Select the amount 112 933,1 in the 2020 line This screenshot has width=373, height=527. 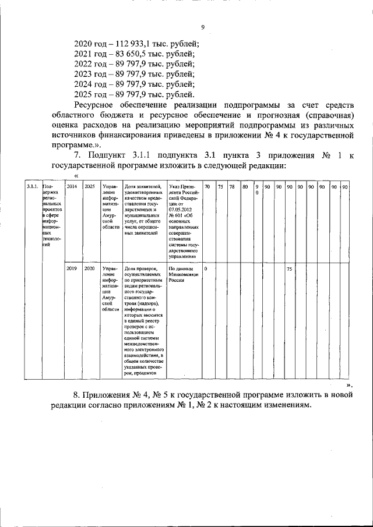pyautogui.click(x=136, y=43)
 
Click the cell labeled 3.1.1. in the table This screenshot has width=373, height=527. pyautogui.click(x=33, y=186)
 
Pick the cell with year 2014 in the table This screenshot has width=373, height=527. pyautogui.click(x=72, y=186)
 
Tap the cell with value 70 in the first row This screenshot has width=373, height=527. pyautogui.click(x=207, y=186)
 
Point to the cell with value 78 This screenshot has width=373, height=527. pyautogui.click(x=232, y=186)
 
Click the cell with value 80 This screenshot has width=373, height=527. pyautogui.click(x=245, y=186)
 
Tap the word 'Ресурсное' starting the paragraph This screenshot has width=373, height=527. pyautogui.click(x=98, y=105)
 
